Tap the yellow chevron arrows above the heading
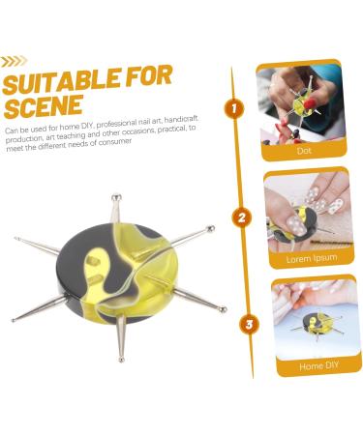pyautogui.click(x=14, y=61)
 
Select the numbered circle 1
pyautogui.click(x=233, y=109)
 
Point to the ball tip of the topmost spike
pyautogui.click(x=115, y=197)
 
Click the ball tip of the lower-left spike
pyautogui.click(x=14, y=318)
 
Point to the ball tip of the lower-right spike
pyautogui.click(x=223, y=310)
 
